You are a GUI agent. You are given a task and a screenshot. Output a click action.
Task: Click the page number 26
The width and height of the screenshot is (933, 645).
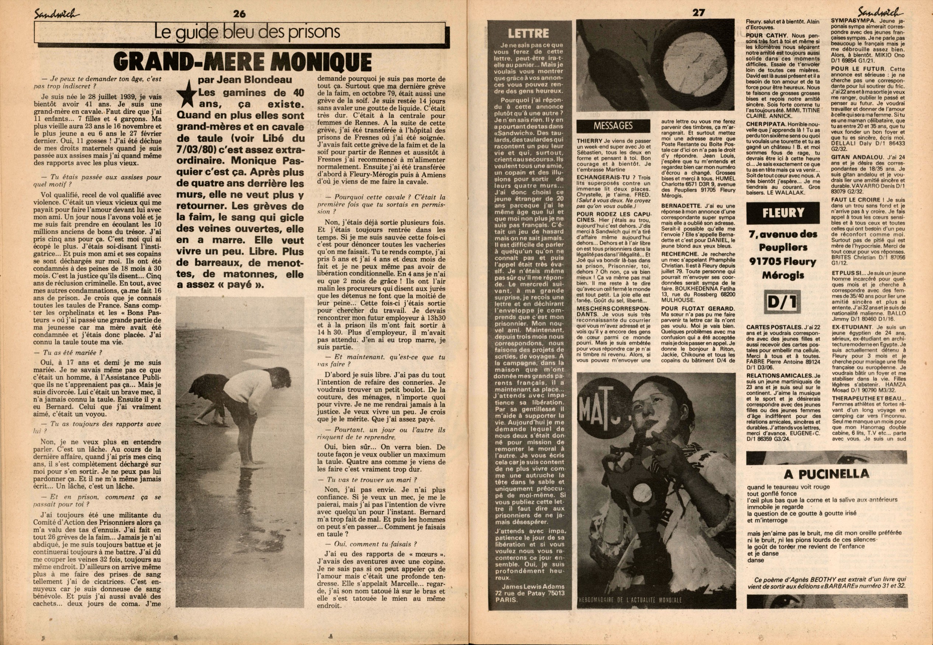point(239,13)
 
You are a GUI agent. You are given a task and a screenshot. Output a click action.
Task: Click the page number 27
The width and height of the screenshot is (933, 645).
point(699,13)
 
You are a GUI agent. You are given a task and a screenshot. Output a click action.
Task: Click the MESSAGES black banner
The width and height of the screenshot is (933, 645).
point(613,126)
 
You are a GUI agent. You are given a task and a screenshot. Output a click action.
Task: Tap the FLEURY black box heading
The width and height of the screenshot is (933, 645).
point(783,213)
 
